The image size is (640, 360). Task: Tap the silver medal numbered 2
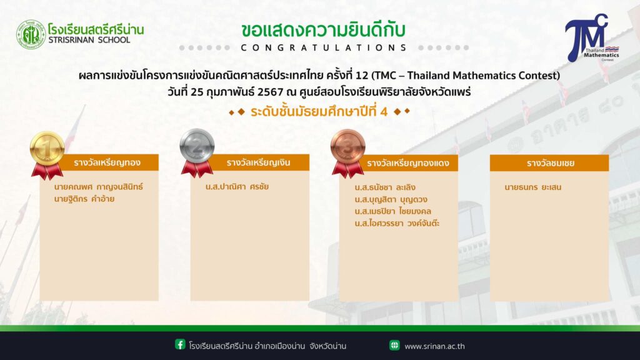pyautogui.click(x=197, y=146)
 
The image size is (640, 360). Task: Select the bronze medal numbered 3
pyautogui.click(x=347, y=147)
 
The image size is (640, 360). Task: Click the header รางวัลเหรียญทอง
pyautogui.click(x=107, y=162)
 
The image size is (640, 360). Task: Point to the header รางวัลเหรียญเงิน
pyautogui.click(x=258, y=162)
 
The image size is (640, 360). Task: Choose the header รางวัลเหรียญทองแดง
pyautogui.click(x=407, y=163)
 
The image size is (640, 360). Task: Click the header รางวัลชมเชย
pyautogui.click(x=550, y=163)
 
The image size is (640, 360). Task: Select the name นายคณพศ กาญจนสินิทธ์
pyautogui.click(x=98, y=187)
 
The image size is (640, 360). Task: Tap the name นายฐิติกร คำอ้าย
pyautogui.click(x=84, y=199)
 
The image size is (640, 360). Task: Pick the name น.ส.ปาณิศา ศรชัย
pyautogui.click(x=237, y=186)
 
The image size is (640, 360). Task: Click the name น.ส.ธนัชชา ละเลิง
pyautogui.click(x=385, y=187)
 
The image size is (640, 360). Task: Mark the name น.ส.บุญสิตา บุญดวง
pyautogui.click(x=391, y=199)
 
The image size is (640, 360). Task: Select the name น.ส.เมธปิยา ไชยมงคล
pyautogui.click(x=393, y=211)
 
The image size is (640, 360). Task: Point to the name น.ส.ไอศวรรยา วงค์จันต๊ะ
pyautogui.click(x=397, y=223)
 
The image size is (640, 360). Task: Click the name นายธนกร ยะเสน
pyautogui.click(x=532, y=187)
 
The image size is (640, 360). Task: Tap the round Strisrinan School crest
pyautogui.click(x=31, y=35)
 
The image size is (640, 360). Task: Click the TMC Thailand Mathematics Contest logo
pyautogui.click(x=592, y=38)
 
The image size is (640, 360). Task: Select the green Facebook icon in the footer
pyautogui.click(x=180, y=344)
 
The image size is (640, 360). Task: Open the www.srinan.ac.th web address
pyautogui.click(x=435, y=346)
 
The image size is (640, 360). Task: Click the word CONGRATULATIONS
pyautogui.click(x=324, y=47)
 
